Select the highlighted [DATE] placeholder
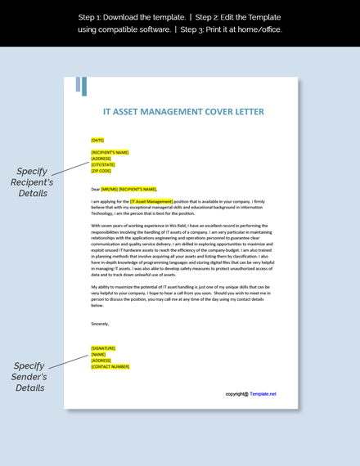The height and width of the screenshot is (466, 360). pos(97,140)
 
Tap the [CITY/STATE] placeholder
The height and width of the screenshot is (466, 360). pos(103,164)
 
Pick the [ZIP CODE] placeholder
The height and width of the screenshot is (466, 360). pos(101,171)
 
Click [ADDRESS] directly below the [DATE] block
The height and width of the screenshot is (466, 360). pos(101,158)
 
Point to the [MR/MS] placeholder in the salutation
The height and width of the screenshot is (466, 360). pos(109,189)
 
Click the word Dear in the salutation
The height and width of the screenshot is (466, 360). pos(96,189)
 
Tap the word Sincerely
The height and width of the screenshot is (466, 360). pos(100,323)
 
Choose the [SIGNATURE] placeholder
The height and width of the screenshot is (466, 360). pos(103,347)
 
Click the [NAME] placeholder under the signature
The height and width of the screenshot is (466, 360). pos(99,354)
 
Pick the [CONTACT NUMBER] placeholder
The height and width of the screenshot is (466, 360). pos(110,366)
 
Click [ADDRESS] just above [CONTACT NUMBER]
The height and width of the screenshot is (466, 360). pos(101,360)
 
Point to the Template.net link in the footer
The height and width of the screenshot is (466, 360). pos(263,393)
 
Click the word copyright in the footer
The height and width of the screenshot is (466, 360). pos(237,393)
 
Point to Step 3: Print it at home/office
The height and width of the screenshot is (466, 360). pos(232,29)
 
